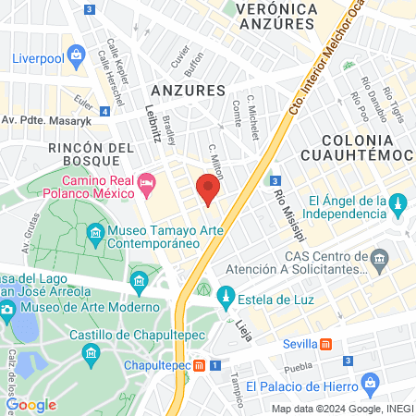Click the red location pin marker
[207, 190]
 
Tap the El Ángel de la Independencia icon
[398, 202]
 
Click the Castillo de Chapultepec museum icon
[91, 353]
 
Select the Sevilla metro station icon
[325, 345]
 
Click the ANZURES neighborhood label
[188, 91]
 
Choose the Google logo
[31, 405]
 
